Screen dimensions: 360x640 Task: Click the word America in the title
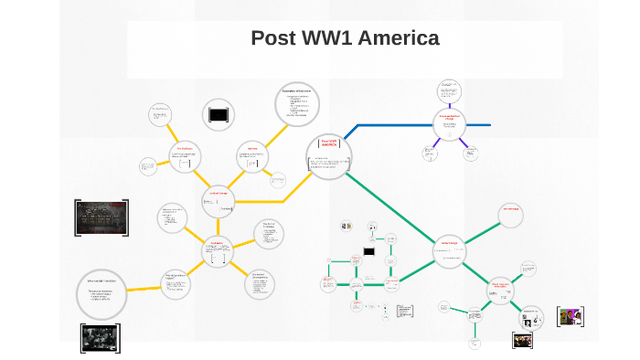pos(399,38)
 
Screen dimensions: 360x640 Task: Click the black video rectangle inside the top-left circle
pos(219,114)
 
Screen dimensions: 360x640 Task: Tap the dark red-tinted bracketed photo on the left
pos(101,217)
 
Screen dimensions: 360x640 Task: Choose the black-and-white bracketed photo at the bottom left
pos(100,337)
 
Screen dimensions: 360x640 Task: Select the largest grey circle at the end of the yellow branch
pos(101,292)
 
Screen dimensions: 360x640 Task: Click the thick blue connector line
pos(393,125)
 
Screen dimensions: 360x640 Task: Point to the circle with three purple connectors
pos(449,124)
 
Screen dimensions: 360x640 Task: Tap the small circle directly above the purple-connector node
pos(448,90)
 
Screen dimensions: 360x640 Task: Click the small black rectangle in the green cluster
pos(368,251)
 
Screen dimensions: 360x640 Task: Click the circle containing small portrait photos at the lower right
pos(530,319)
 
